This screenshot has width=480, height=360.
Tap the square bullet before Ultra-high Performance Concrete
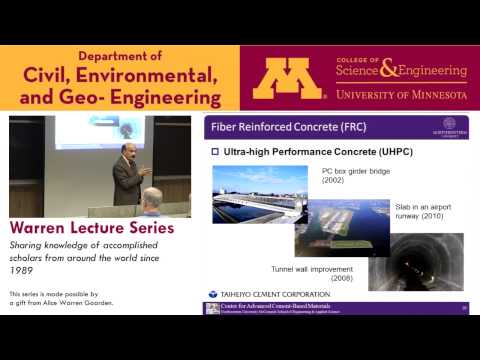[x=214, y=152]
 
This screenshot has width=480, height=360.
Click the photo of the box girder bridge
[x=258, y=194]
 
